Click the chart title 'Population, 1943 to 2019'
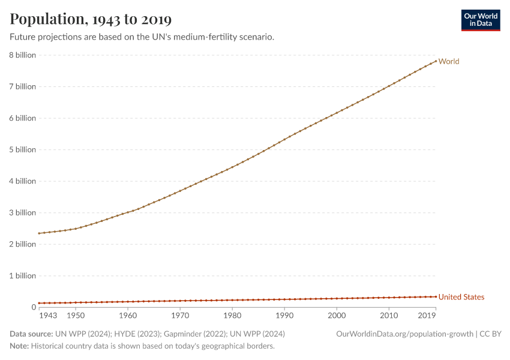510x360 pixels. [x=91, y=19]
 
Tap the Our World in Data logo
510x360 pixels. [x=480, y=20]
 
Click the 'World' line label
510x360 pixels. [x=449, y=61]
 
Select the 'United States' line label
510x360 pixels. [x=461, y=297]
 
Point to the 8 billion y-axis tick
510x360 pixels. [x=22, y=55]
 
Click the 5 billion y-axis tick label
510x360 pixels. [x=22, y=149]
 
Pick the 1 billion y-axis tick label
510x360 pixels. [x=22, y=276]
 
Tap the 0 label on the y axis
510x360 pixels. [x=34, y=307]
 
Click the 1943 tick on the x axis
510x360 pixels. [x=48, y=316]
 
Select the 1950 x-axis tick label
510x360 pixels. [x=76, y=316]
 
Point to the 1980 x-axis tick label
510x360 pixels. [x=232, y=316]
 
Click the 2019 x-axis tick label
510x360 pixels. [x=427, y=316]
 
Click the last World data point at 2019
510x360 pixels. [x=436, y=61]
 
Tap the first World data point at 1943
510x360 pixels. [x=39, y=233]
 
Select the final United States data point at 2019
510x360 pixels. [x=436, y=296]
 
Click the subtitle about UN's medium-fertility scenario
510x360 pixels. [x=142, y=37]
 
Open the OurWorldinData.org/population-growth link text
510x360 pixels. [x=404, y=334]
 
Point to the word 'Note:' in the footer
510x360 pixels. [x=19, y=346]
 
